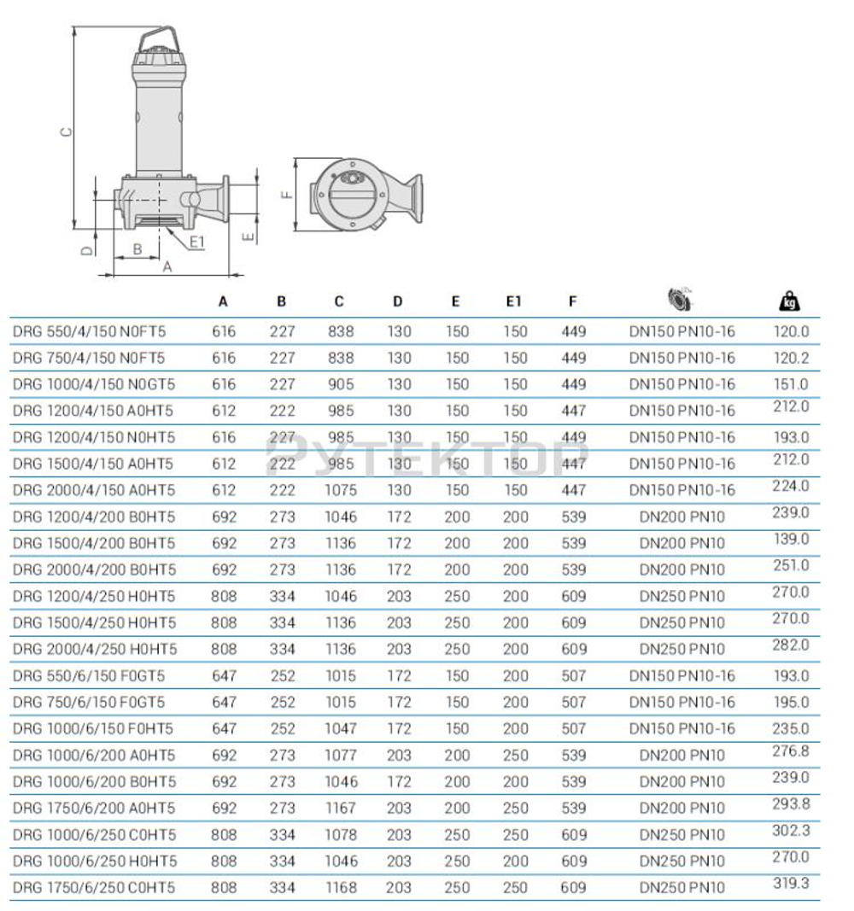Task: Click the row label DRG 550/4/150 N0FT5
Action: click(x=89, y=331)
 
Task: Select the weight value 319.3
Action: click(x=791, y=884)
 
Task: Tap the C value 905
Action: click(x=341, y=384)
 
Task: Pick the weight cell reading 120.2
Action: click(x=791, y=358)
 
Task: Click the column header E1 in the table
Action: click(x=513, y=301)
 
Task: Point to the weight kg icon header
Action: click(x=790, y=301)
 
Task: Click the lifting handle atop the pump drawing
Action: click(x=159, y=39)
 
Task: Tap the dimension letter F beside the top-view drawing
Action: click(x=288, y=194)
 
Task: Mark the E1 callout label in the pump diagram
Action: click(x=197, y=243)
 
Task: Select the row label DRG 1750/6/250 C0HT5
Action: click(x=94, y=888)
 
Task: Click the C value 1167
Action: click(x=341, y=808)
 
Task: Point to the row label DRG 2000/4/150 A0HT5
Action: click(x=93, y=490)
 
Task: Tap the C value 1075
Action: click(x=341, y=490)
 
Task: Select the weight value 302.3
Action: click(x=791, y=831)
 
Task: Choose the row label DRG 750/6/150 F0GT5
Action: click(x=89, y=702)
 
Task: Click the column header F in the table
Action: click(x=572, y=301)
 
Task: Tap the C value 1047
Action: click(x=341, y=728)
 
